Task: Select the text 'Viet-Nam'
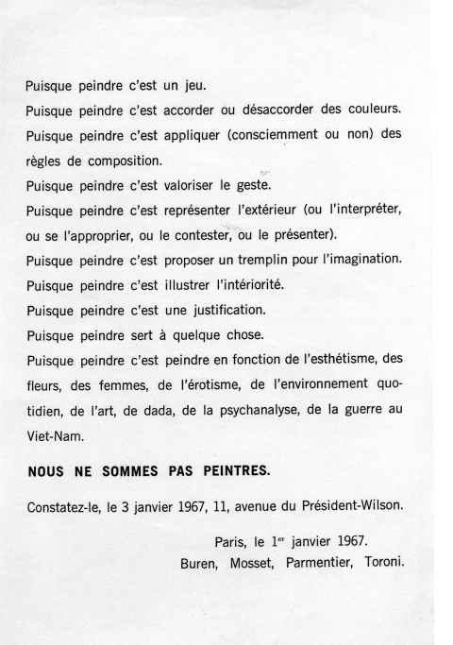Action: [x=53, y=435]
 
